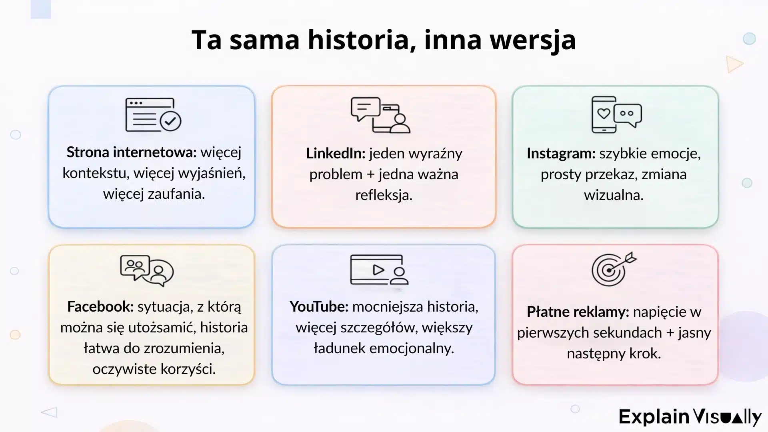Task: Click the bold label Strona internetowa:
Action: point(132,152)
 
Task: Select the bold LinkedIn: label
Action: point(336,154)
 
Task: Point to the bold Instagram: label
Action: point(561,154)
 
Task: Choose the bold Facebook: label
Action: point(100,307)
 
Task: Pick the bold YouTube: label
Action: point(319,307)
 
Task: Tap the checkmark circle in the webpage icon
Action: point(171,121)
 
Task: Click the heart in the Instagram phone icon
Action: point(604,114)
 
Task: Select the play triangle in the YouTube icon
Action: point(378,270)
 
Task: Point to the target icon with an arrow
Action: point(613,269)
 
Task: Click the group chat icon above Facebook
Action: point(146,270)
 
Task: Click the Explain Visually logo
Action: point(690,417)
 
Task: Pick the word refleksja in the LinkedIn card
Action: point(384,195)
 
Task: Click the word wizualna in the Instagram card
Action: point(614,195)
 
